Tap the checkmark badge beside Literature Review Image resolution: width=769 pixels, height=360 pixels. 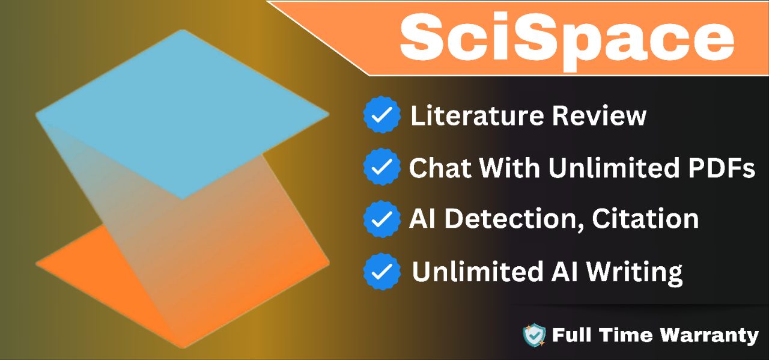pos(381,115)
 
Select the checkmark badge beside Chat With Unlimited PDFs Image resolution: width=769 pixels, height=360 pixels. pos(381,166)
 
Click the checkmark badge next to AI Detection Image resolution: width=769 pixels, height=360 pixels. pos(381,219)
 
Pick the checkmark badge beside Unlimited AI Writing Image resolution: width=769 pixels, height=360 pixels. pos(381,272)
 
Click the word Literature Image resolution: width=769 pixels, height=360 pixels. pos(477,115)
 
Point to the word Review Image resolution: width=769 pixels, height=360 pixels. pos(599,115)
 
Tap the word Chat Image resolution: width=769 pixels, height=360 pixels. pos(440,168)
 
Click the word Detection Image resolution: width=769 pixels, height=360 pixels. pos(514,219)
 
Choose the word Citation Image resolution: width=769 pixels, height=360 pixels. pos(645,219)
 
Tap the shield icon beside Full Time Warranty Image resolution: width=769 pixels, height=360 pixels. pos(534,335)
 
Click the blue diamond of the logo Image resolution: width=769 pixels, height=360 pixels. pos(182,114)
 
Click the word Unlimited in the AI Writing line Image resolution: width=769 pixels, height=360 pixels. pos(477,272)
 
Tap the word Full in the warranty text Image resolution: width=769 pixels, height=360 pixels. pos(568,335)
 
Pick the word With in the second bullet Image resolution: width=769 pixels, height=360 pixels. pos(509,168)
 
